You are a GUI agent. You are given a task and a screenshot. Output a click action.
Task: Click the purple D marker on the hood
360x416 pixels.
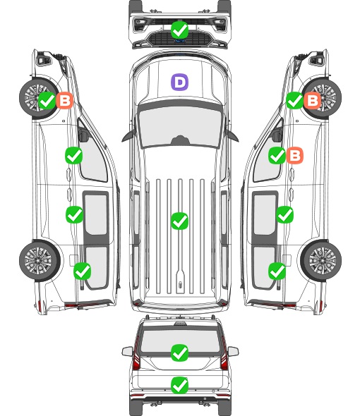tap(179, 82)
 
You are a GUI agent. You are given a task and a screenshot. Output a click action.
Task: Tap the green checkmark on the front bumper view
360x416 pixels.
tap(179, 30)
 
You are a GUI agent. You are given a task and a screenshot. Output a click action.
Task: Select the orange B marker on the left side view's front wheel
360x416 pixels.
tap(64, 100)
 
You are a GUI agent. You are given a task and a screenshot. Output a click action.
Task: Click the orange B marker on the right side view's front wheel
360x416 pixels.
tap(312, 100)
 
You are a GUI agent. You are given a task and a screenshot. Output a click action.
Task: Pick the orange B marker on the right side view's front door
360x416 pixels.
tap(294, 155)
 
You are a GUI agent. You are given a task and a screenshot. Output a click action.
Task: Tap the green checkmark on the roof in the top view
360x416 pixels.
tap(179, 221)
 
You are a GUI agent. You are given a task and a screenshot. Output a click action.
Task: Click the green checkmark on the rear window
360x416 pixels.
tap(179, 353)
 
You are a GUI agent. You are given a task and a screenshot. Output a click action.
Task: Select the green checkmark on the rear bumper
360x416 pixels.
tap(179, 385)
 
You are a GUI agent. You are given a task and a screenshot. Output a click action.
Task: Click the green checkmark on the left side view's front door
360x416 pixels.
tap(73, 155)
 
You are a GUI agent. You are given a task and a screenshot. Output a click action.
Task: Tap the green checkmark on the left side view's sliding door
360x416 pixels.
tap(74, 214)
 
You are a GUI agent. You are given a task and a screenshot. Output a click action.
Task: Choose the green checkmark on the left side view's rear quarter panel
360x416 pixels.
tap(82, 271)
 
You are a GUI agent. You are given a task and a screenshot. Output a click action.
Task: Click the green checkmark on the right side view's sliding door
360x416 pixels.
tap(284, 214)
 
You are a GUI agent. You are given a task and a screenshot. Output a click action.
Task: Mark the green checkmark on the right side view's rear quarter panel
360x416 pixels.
tap(277, 271)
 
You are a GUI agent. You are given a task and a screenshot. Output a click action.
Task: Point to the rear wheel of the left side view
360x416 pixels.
tap(40, 261)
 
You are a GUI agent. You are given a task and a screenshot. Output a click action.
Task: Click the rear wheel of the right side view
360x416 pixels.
tap(321, 261)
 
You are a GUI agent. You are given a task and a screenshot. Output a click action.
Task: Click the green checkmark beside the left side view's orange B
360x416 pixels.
tap(47, 100)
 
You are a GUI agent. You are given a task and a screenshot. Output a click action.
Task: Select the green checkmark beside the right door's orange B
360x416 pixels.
tap(277, 155)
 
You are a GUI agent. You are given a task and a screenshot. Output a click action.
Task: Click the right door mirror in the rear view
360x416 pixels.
tap(233, 351)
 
